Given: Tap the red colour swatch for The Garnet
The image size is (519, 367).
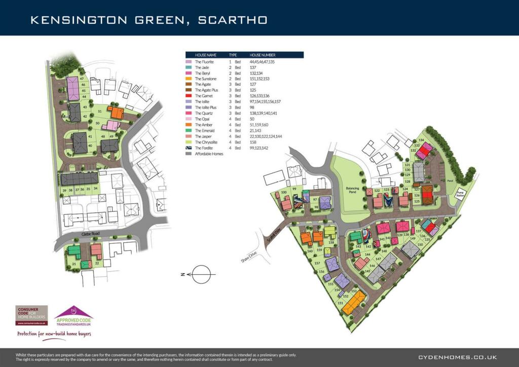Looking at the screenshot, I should point(189,96).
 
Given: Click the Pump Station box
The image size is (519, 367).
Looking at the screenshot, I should point(460,195).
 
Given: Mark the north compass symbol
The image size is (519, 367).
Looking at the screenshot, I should point(201,274).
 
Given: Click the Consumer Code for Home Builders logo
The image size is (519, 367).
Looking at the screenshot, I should point(31,315).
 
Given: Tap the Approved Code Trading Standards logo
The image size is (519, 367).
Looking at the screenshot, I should point(74,318).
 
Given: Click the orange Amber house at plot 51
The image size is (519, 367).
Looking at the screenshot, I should point(117,113).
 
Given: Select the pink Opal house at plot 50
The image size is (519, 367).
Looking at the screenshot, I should point(112,125).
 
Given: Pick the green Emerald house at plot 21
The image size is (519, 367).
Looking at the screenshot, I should point(75,250).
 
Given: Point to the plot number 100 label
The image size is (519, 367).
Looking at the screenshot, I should point(284,193).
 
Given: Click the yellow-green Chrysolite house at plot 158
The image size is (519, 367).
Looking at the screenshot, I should point(330,232).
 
